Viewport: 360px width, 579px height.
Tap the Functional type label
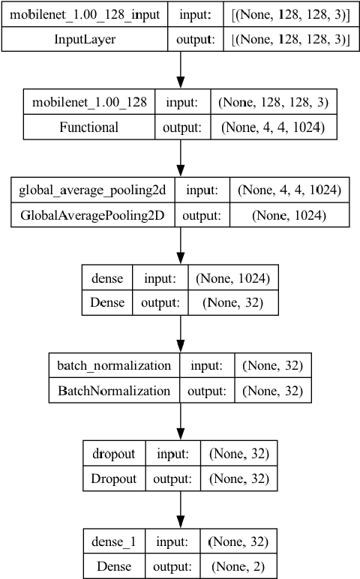[x=88, y=127]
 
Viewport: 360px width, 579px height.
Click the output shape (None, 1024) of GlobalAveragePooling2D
[x=289, y=215]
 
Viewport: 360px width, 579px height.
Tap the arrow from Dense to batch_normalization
[x=180, y=334]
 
